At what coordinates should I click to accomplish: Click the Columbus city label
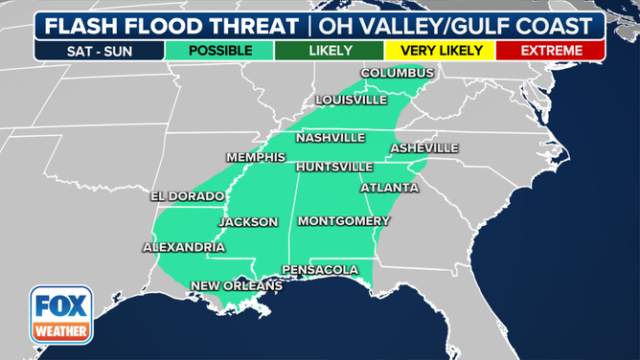coord(397,74)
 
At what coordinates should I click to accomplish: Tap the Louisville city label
coord(352,100)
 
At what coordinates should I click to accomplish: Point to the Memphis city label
coord(256,157)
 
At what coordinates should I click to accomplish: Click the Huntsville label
coord(334,167)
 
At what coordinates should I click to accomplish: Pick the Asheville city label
coord(423,148)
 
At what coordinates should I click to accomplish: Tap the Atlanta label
coord(389,188)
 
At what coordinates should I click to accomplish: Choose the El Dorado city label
coord(188,196)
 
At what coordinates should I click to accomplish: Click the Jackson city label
coord(248,222)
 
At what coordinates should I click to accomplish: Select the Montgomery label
coord(343,221)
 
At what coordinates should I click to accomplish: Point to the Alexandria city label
coord(184,247)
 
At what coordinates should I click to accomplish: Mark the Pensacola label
coord(320,270)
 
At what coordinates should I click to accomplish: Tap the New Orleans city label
coord(237,285)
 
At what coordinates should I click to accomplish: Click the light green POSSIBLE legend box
coord(219,50)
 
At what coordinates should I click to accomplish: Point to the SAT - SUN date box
coord(100,50)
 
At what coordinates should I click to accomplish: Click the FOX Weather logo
coord(61,315)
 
